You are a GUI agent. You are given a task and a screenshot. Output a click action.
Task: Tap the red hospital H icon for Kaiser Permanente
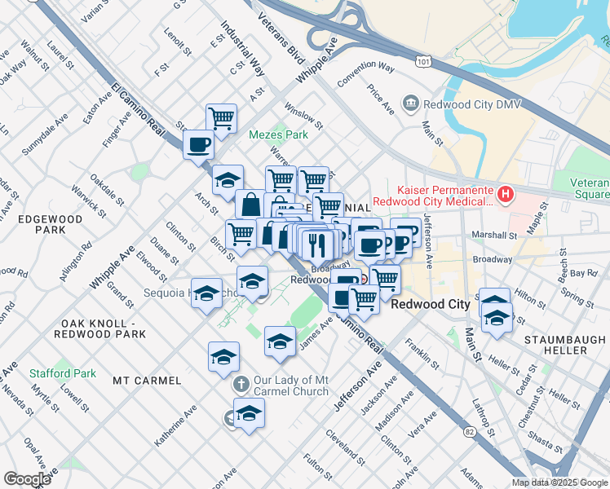(x=506, y=194)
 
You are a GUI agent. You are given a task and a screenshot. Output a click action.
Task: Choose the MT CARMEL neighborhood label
(x=146, y=381)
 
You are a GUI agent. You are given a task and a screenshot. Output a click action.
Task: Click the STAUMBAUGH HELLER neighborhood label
(x=555, y=344)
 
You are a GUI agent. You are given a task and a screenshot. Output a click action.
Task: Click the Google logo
(x=28, y=478)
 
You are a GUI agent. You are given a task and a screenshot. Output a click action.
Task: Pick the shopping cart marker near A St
(x=221, y=119)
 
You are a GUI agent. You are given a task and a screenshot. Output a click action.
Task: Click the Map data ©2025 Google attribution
(x=559, y=482)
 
